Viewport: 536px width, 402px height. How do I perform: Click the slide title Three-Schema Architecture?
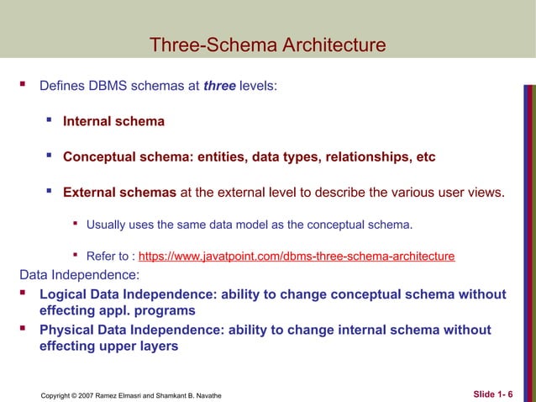[267, 45]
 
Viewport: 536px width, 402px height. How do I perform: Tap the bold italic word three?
[219, 86]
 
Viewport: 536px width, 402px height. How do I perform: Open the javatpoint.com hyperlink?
[297, 256]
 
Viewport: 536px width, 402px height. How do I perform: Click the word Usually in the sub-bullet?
[108, 225]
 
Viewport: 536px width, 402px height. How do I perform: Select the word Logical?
[66, 294]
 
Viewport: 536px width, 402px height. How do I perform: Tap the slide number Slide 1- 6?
[497, 392]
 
